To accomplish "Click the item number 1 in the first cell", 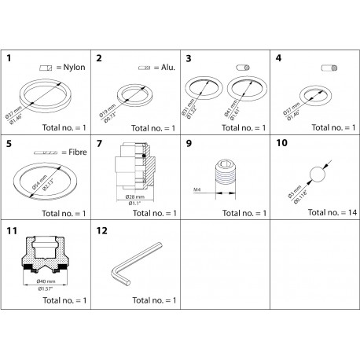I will click(x=9, y=58).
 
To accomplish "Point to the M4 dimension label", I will click(x=197, y=189).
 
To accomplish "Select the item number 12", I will click(x=101, y=231).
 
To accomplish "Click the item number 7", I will click(x=99, y=145).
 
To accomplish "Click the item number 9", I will click(x=189, y=145).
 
